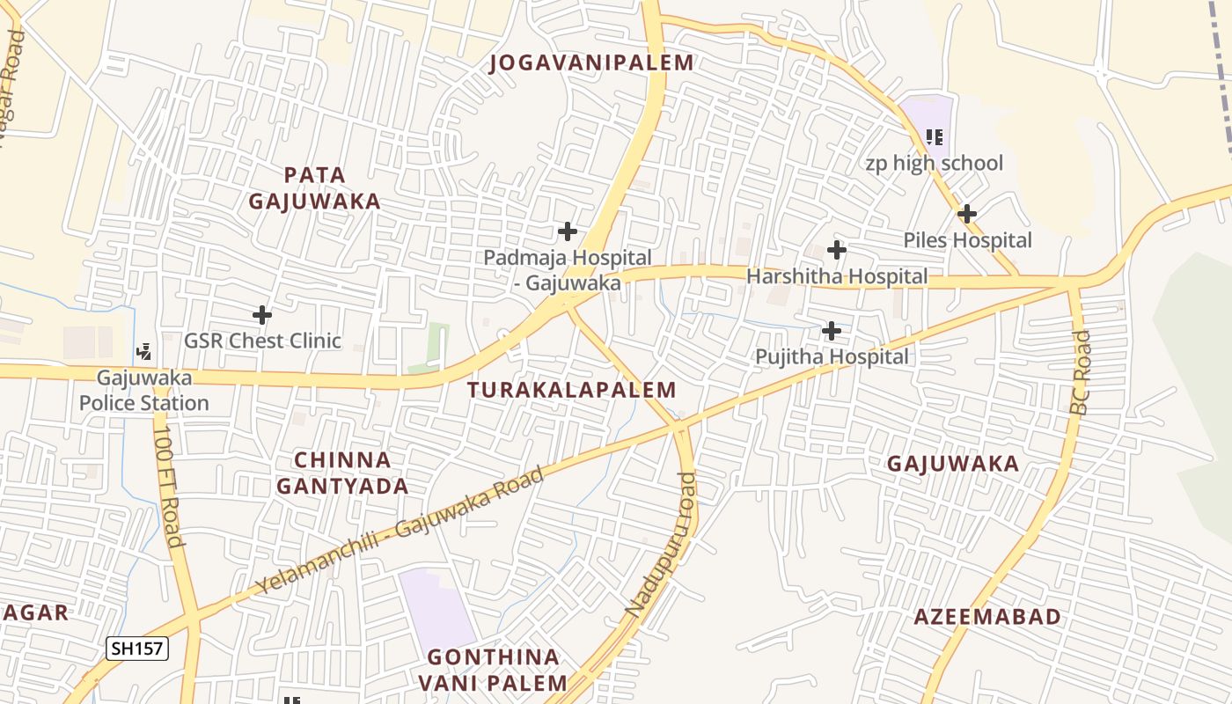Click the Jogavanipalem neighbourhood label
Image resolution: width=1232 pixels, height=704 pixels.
coord(591,62)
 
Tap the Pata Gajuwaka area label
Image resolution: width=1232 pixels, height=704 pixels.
coord(314,188)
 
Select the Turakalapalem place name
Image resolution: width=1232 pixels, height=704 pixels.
coord(572,390)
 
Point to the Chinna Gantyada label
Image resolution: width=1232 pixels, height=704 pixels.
coord(342,473)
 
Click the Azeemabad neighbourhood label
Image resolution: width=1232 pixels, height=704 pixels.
coord(987,617)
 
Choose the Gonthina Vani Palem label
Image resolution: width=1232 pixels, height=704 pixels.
coord(493,670)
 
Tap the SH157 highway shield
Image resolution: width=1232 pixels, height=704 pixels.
coord(137,649)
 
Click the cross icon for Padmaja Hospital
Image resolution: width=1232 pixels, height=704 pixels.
coord(568,232)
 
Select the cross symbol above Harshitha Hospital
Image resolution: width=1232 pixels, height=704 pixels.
coord(836,250)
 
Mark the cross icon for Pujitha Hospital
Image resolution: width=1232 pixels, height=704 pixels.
coord(831,331)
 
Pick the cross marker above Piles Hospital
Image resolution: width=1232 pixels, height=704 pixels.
coord(966,214)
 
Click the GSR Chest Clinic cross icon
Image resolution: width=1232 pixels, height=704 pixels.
coord(261,314)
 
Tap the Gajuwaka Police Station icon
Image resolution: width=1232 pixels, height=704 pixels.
coord(143,352)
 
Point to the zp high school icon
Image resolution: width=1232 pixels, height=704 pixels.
coord(935,136)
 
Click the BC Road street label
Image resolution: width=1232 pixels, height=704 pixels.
coord(1081,372)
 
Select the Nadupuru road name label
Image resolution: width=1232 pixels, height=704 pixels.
coord(663,543)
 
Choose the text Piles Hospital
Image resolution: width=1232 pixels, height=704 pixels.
coord(967,240)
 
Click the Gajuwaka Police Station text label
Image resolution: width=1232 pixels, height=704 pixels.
coord(144,391)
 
